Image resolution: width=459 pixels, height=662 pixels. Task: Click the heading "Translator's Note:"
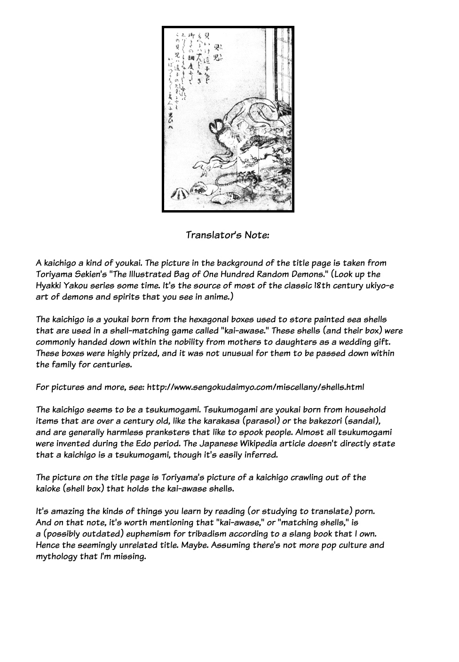[228, 235]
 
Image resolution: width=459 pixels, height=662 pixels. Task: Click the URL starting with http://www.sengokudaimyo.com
[255, 387]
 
